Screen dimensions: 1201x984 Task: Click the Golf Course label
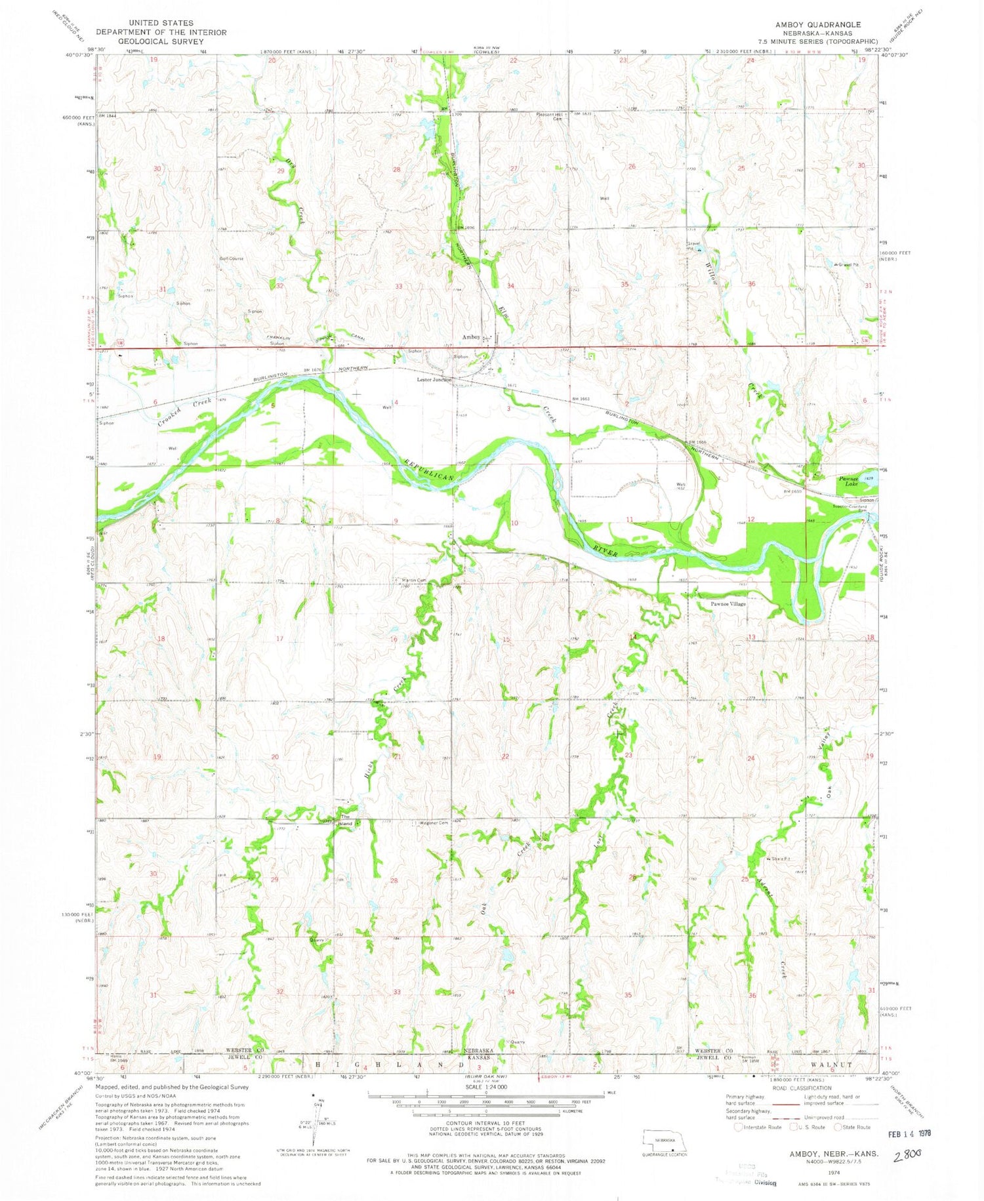231,258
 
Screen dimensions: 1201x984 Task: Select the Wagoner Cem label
434,823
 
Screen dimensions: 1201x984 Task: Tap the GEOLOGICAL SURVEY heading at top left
161,41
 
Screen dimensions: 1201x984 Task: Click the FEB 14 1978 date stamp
903,1133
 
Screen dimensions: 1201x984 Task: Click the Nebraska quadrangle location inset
666,1141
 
